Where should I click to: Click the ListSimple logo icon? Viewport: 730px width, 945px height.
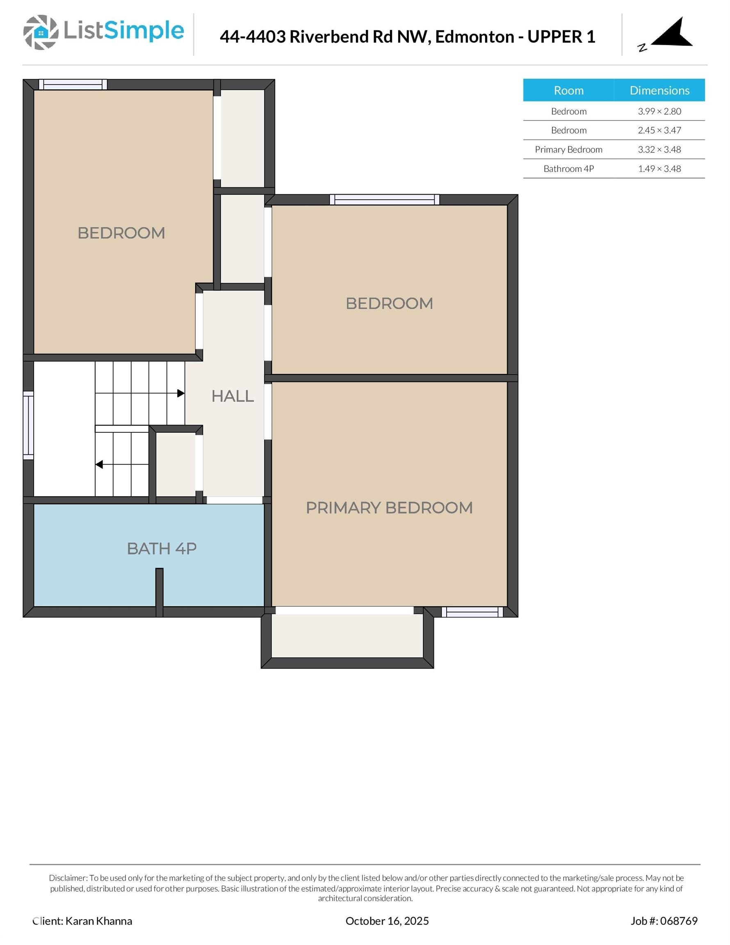41,32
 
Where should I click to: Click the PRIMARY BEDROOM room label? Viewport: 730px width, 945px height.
389,507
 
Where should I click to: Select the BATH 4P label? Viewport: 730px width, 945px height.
162,549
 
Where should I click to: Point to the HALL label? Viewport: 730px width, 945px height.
233,396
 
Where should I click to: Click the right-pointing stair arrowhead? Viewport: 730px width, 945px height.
181,393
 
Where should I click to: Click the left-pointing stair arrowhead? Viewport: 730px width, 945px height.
99,465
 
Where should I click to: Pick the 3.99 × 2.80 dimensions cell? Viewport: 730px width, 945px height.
659,111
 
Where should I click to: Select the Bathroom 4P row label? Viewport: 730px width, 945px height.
568,169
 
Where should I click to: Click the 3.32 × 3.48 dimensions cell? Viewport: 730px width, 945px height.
659,150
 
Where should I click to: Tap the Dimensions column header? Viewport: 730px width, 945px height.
659,90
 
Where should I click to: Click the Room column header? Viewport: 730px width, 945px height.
568,90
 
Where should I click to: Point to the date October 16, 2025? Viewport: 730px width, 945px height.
387,921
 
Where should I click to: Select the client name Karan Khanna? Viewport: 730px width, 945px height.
99,921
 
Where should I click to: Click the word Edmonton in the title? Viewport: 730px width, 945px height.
474,37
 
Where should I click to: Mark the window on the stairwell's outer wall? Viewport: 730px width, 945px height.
28,425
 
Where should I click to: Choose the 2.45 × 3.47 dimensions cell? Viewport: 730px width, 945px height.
659,130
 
